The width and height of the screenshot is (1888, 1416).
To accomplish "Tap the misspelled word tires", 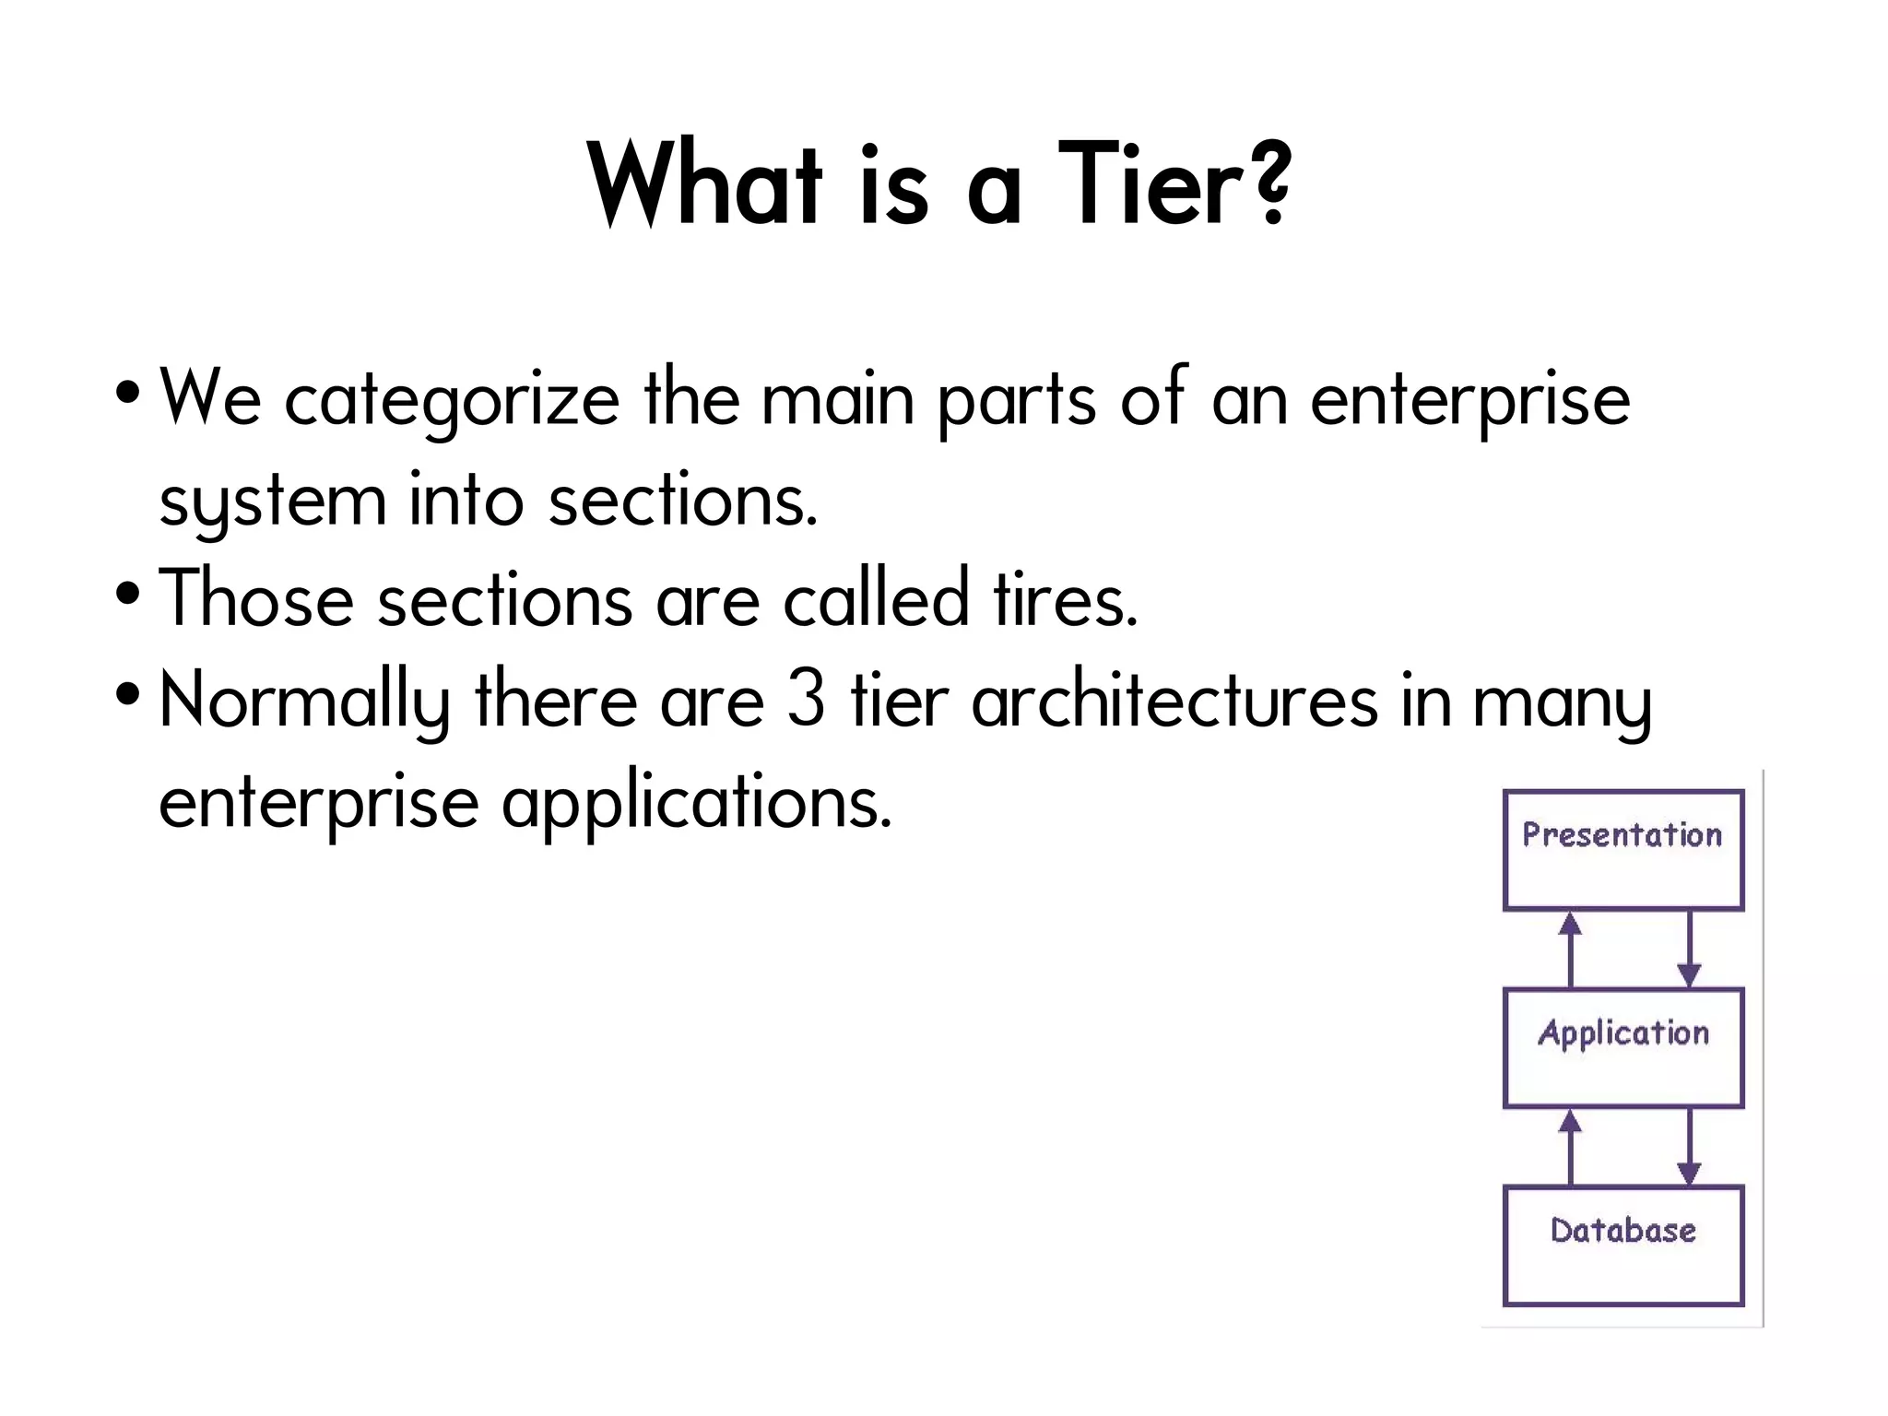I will pyautogui.click(x=1066, y=600).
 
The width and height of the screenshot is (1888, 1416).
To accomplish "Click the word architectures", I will pyautogui.click(x=1174, y=701).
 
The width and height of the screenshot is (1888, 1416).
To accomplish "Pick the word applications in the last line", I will pyautogui.click(x=697, y=802).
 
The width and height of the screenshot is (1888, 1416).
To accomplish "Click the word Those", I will pyautogui.click(x=256, y=600).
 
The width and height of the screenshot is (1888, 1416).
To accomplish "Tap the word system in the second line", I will pyautogui.click(x=272, y=502).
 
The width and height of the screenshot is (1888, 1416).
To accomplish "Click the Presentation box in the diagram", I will pyautogui.click(x=1622, y=850).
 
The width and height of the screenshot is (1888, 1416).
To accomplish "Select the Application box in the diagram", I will pyautogui.click(x=1622, y=1047).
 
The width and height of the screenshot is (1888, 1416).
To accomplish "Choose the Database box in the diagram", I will pyautogui.click(x=1622, y=1245).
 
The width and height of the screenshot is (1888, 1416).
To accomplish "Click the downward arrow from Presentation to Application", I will pyautogui.click(x=1688, y=950).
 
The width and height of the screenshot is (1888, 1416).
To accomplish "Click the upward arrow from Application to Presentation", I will pyautogui.click(x=1570, y=950).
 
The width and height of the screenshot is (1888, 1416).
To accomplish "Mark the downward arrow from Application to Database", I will pyautogui.click(x=1688, y=1147).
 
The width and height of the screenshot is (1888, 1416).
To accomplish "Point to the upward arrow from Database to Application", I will pyautogui.click(x=1570, y=1147).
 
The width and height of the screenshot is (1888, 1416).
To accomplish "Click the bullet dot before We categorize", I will pyautogui.click(x=128, y=394).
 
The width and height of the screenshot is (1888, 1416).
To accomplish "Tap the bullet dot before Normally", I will pyautogui.click(x=128, y=694).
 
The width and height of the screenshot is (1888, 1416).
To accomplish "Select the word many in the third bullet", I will pyautogui.click(x=1562, y=702).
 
